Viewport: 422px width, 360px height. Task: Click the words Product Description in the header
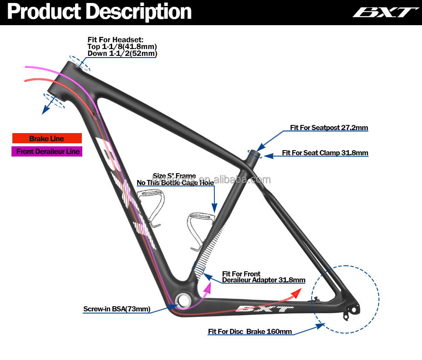pos(99,12)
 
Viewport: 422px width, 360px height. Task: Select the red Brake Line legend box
pos(46,139)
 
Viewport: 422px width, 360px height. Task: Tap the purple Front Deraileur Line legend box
pos(47,151)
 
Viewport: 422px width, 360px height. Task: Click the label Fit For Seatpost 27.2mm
pos(329,128)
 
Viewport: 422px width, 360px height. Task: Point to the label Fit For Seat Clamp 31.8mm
pos(325,153)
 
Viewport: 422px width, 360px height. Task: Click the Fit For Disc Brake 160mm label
pos(250,331)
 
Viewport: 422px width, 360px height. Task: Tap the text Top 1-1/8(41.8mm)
pos(122,46)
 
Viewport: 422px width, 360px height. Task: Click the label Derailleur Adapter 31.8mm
pos(263,280)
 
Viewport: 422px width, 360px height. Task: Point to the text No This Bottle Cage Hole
pos(175,183)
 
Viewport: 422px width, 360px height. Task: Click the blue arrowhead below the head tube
pos(44,111)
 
